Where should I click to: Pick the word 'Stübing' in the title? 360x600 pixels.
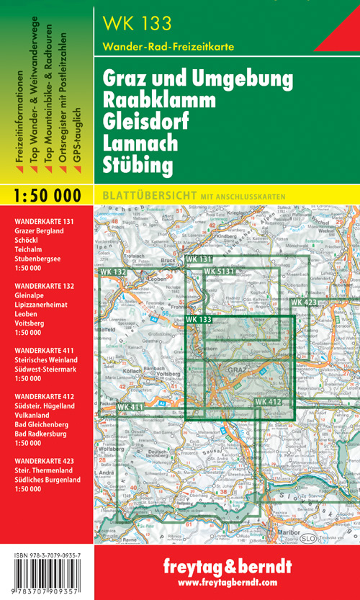(x=138, y=165)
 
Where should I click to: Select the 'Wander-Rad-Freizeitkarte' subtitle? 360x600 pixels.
(x=168, y=47)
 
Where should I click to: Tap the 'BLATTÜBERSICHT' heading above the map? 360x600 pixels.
(x=146, y=194)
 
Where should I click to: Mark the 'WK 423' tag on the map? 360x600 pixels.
(x=303, y=303)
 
